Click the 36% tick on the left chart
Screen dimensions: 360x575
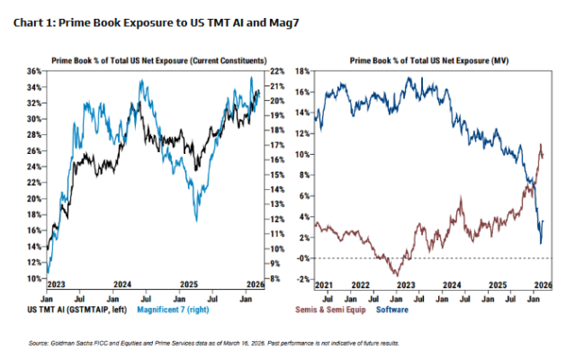[x=32, y=70]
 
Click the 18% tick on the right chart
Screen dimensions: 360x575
[x=303, y=70]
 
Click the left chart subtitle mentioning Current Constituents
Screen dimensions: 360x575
[x=152, y=58]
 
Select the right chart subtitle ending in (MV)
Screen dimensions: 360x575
[x=428, y=58]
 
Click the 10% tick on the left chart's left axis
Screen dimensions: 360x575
[x=32, y=279]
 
